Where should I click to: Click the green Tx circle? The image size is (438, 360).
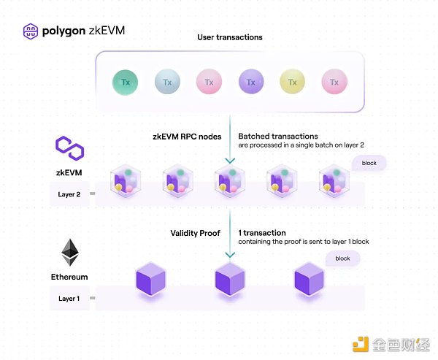coord(126,83)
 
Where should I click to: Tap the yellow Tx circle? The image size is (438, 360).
coord(293,83)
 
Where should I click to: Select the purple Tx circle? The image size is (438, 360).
coord(251,83)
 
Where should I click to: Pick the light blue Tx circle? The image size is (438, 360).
coord(167,83)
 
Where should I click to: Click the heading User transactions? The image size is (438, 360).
coord(230,37)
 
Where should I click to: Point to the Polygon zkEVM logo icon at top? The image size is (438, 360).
coord(31,31)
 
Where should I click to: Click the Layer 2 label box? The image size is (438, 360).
coord(70,195)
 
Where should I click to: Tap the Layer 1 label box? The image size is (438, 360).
coord(70,298)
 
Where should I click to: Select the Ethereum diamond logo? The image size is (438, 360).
coord(70,253)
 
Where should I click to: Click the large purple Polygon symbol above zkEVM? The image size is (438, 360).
coord(70,149)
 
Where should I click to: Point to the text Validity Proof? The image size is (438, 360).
coord(195,233)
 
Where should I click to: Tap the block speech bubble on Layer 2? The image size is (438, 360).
coord(369,163)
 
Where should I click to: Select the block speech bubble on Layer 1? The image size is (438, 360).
coord(342,258)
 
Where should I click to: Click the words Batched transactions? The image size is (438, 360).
coord(277,136)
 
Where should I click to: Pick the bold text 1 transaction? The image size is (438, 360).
coord(262,233)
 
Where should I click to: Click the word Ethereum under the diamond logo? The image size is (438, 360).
coord(70,277)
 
